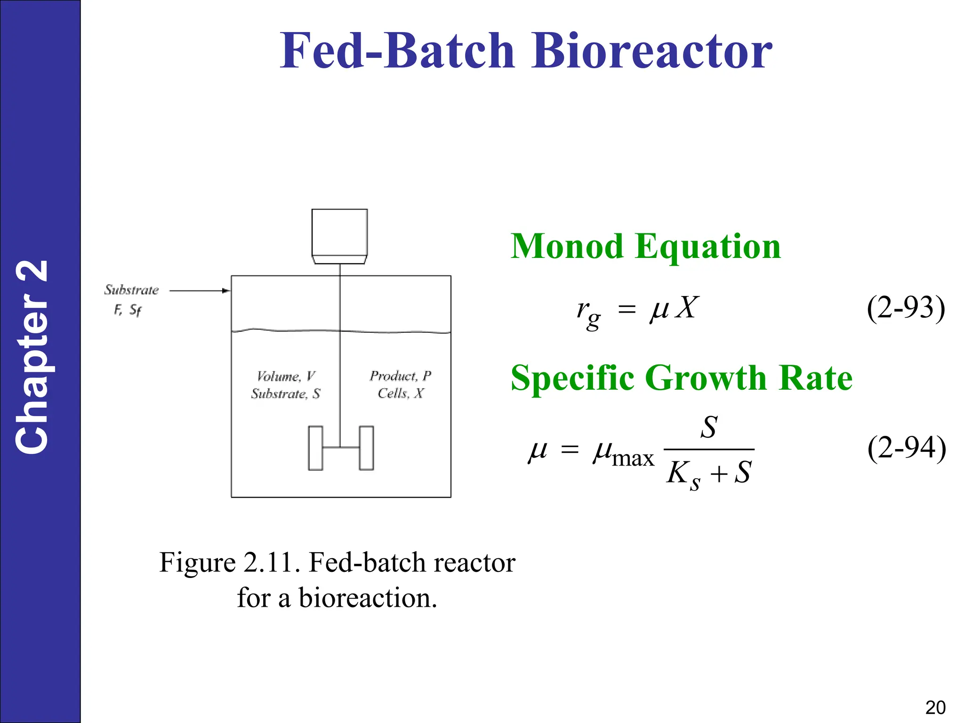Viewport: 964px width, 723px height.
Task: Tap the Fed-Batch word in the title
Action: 397,51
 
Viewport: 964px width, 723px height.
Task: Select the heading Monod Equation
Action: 645,247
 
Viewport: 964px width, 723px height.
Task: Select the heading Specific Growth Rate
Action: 681,378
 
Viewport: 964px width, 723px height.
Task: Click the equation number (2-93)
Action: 906,308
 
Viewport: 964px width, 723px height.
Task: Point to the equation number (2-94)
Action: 906,448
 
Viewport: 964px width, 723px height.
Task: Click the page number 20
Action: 935,707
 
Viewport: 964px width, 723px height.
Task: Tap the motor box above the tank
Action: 339,233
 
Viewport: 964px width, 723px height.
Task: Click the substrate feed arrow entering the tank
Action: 200,291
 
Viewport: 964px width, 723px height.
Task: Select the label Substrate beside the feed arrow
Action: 131,290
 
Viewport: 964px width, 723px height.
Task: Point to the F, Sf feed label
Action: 127,310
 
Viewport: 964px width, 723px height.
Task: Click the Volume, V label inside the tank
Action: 286,376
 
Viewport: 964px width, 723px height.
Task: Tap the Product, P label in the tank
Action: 400,376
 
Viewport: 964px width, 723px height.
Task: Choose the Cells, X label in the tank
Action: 400,394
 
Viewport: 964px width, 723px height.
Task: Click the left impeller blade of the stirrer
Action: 315,448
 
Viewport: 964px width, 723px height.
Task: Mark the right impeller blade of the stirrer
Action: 366,448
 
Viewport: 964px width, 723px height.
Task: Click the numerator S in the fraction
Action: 709,427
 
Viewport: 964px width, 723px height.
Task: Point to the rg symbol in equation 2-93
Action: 588,313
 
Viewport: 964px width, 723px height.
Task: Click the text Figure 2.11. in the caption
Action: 230,562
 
